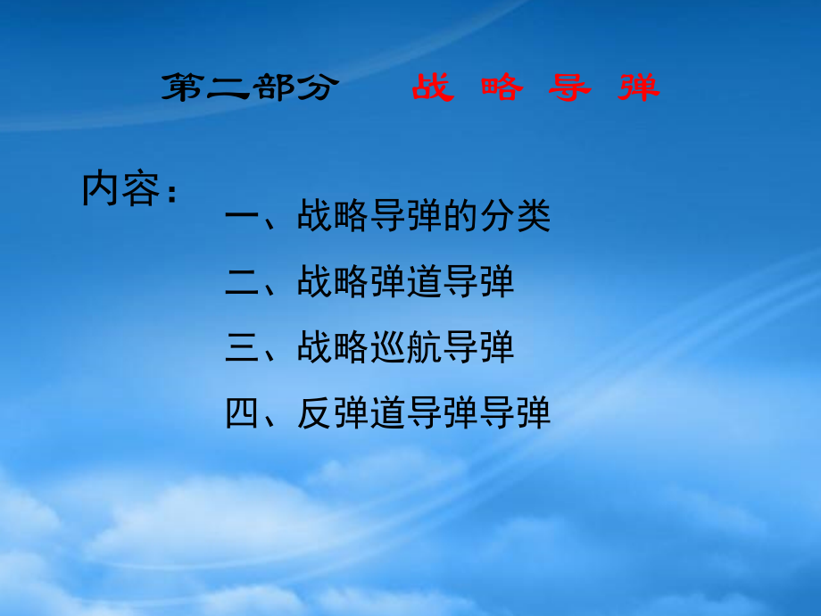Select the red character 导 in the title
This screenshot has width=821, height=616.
point(570,87)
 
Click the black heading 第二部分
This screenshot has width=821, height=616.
point(250,87)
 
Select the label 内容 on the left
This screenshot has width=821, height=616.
point(120,188)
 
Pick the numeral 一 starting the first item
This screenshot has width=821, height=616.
point(243,217)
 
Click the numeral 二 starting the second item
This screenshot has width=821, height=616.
point(243,283)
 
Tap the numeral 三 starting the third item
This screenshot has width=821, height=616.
point(243,348)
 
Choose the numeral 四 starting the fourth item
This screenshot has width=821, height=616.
point(243,414)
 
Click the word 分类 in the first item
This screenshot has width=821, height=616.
point(515,217)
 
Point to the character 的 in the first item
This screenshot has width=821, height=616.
point(461,217)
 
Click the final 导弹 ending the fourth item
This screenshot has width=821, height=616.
point(515,414)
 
